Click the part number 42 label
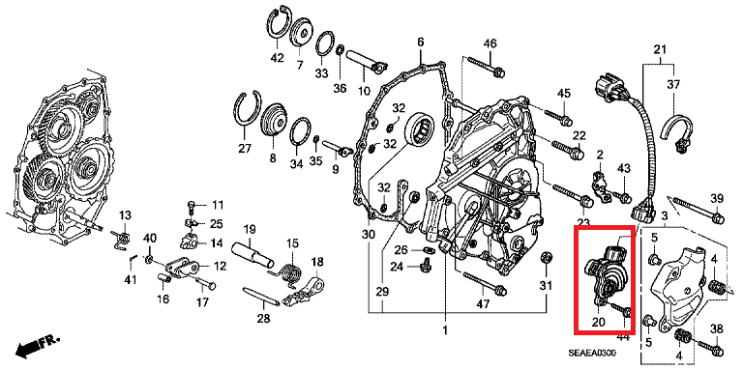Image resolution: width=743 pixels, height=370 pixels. [x=277, y=59]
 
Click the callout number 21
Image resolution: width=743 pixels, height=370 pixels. [x=661, y=50]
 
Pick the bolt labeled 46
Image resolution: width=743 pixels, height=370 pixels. [x=484, y=66]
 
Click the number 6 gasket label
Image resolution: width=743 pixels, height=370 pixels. [x=421, y=43]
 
